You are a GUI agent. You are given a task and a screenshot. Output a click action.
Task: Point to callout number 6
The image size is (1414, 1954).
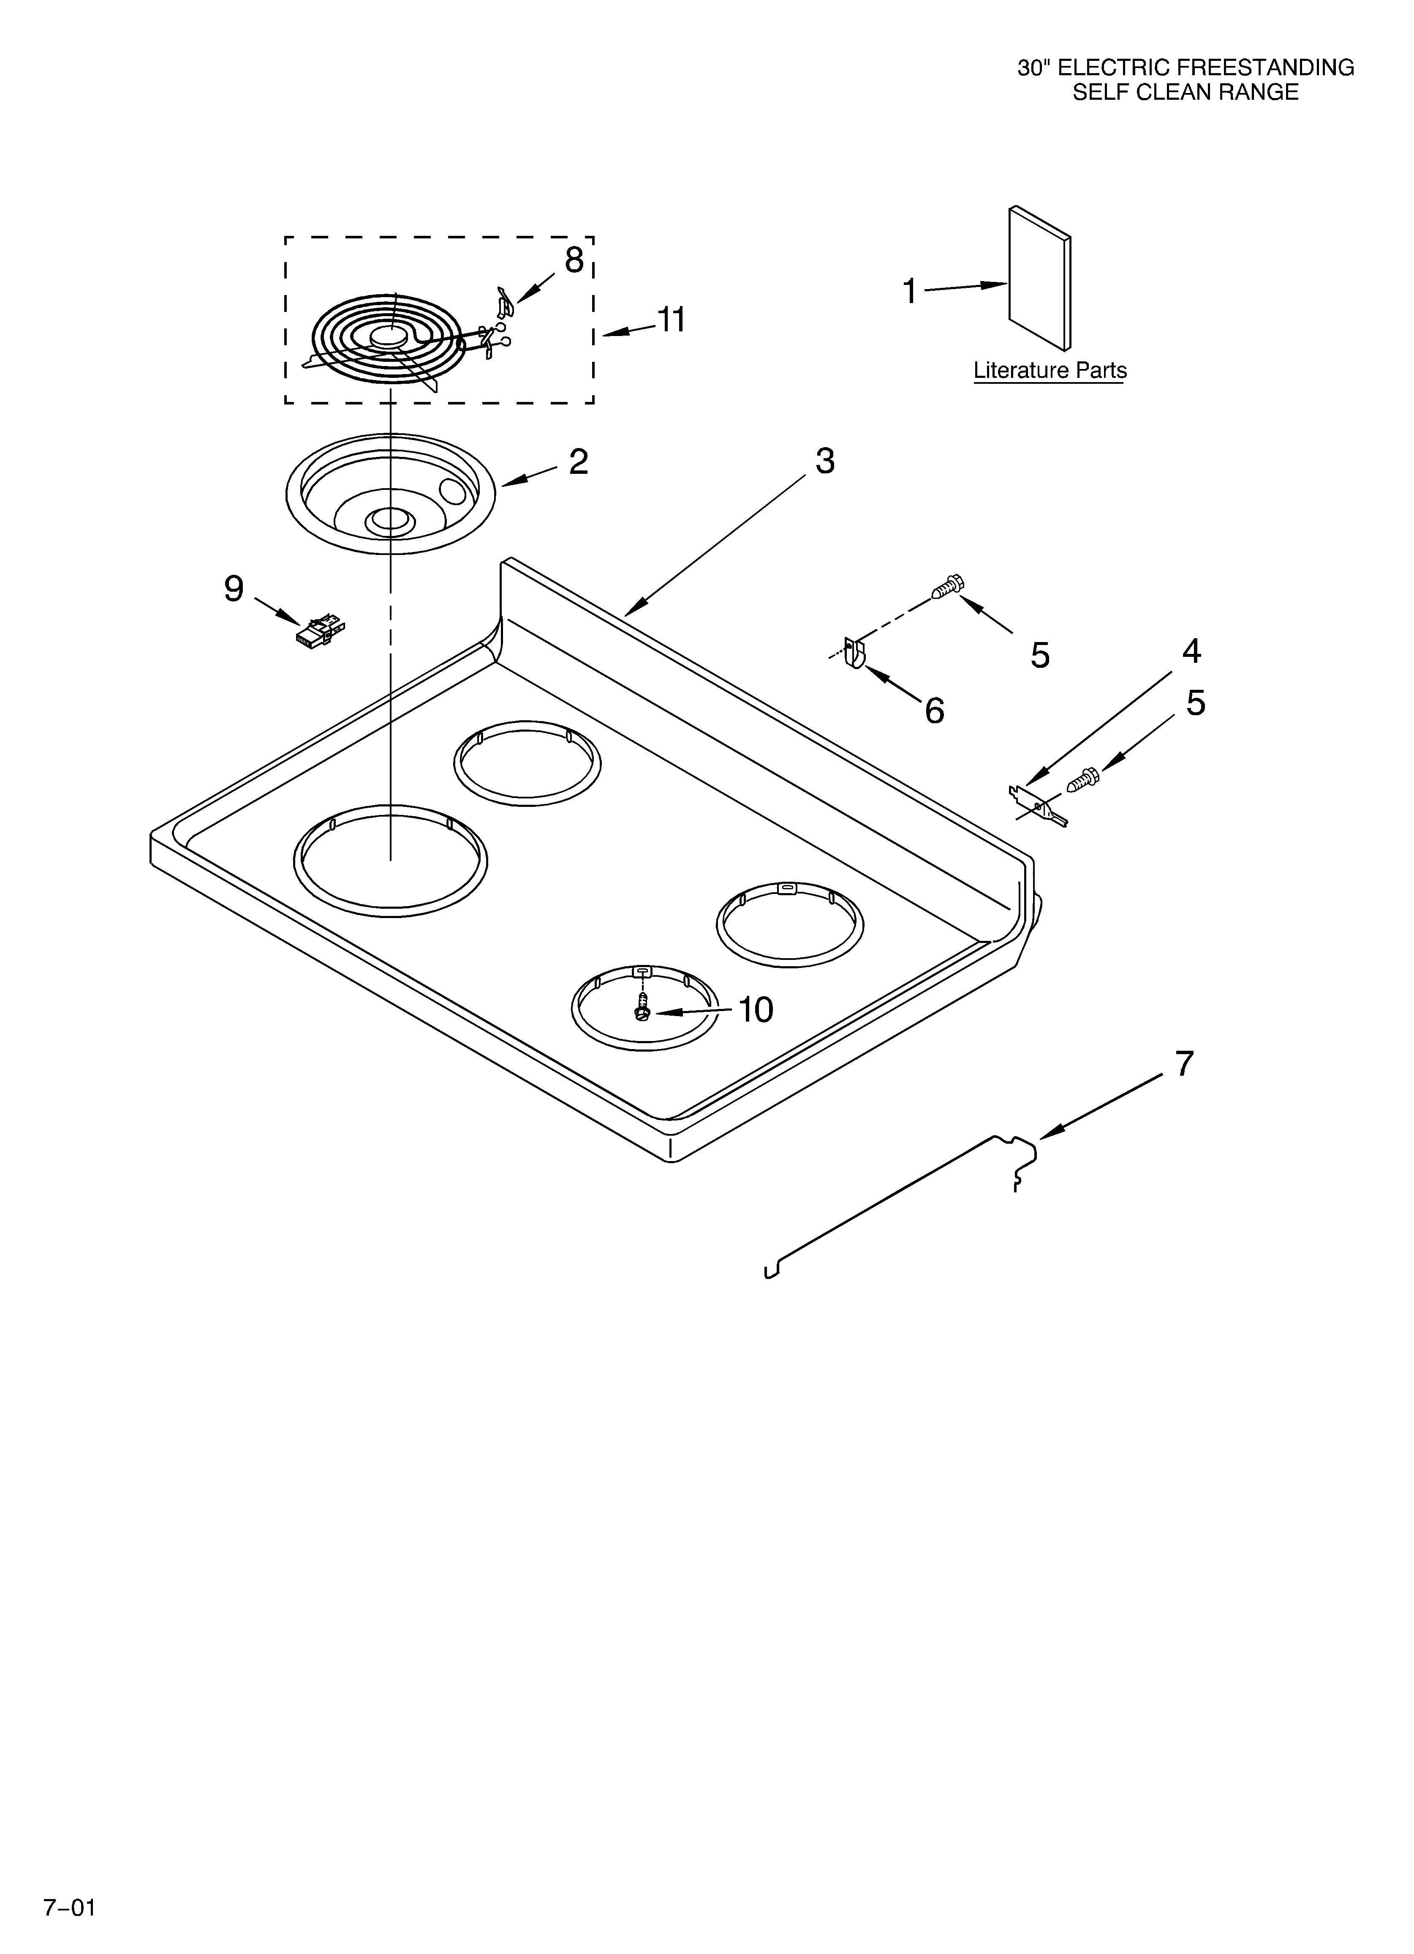934,711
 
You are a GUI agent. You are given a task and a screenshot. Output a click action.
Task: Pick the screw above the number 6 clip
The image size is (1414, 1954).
947,588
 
